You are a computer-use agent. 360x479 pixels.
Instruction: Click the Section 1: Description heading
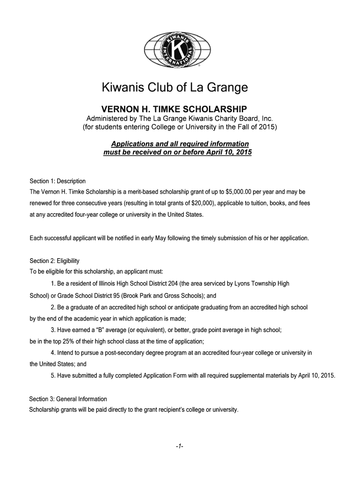coord(58,181)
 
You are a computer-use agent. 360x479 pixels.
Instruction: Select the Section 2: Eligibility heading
coord(55,261)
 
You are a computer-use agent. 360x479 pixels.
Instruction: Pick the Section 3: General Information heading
coord(68,399)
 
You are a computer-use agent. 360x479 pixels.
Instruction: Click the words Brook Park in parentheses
coord(157,296)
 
